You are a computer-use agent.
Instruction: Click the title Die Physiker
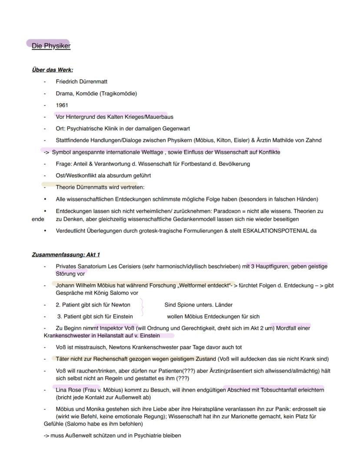coord(51,46)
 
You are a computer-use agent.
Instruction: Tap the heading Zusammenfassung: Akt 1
coord(66,254)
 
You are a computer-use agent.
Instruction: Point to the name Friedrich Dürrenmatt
coord(81,81)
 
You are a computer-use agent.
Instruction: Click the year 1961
coord(62,105)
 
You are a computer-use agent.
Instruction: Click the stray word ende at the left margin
coord(38,219)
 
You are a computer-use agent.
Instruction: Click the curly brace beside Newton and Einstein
coord(142,310)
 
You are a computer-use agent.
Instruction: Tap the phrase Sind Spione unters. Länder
coord(198,304)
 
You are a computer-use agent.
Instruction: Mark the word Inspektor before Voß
coord(112,328)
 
